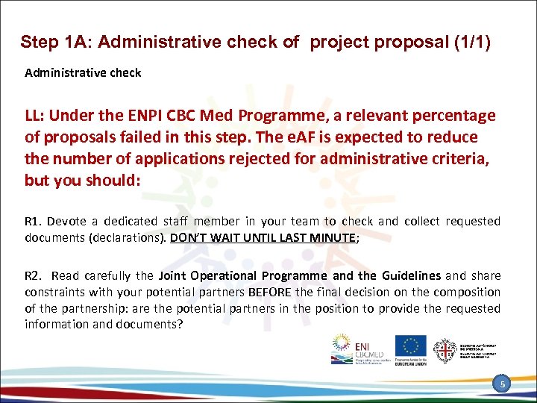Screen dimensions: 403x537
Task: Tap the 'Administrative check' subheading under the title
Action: click(x=83, y=73)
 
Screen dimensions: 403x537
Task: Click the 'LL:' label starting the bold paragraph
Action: click(x=37, y=116)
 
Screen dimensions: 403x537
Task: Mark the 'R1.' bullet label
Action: click(x=34, y=222)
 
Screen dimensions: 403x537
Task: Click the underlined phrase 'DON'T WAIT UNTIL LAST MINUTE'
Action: click(x=263, y=237)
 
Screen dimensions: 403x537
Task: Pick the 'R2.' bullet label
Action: click(x=34, y=276)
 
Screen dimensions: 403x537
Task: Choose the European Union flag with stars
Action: click(x=410, y=346)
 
